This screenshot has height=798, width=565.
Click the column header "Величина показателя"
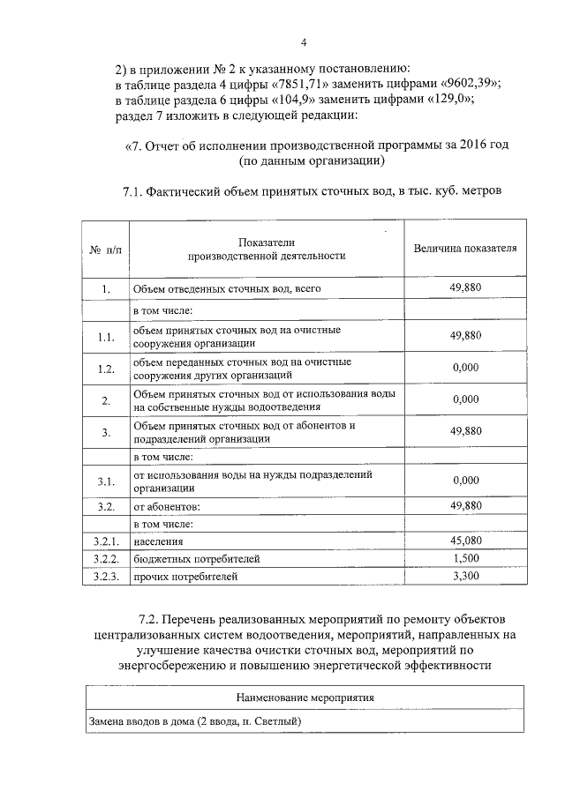tap(465, 248)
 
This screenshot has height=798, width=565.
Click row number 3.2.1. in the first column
tap(105, 541)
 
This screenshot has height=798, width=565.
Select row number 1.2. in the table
tap(106, 369)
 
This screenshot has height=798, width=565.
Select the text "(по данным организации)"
tap(311, 162)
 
